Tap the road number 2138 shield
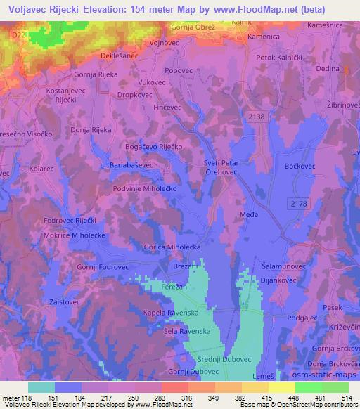pyautogui.click(x=257, y=117)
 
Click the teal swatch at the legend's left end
pyautogui.click(x=41, y=387)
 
